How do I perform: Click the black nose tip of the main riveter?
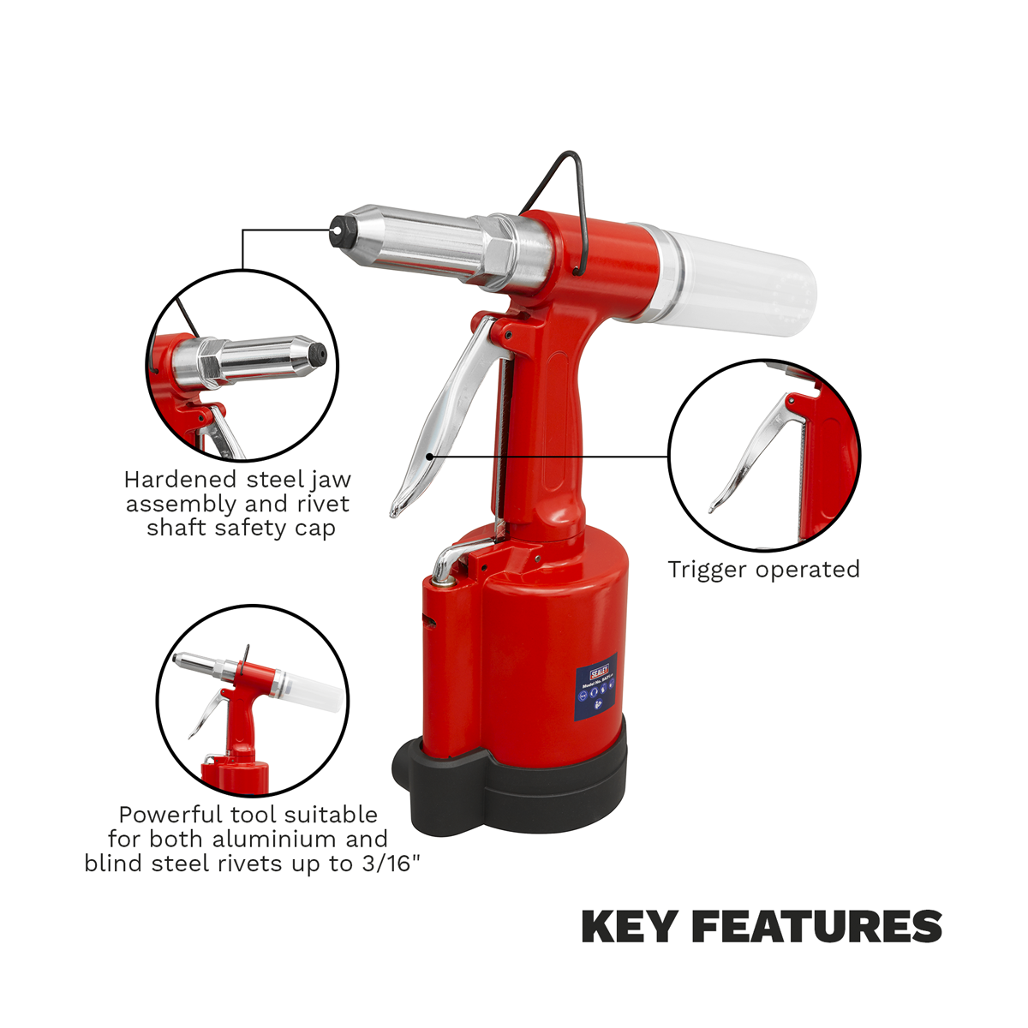tap(342, 229)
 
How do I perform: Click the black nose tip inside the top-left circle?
tap(318, 351)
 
